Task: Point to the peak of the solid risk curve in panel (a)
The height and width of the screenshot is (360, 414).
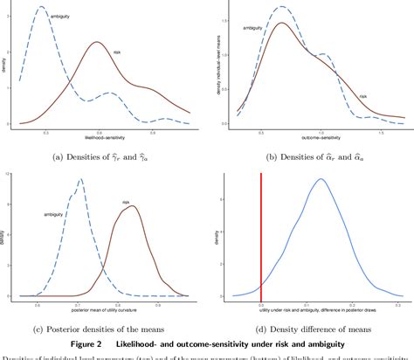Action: (x=97, y=42)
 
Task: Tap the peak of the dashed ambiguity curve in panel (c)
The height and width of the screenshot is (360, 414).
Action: (x=80, y=181)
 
